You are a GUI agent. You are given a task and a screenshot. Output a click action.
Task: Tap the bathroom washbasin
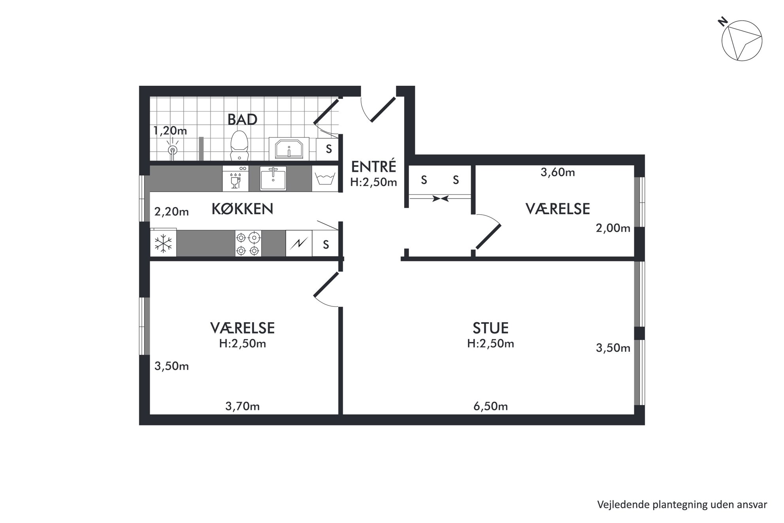click(289, 148)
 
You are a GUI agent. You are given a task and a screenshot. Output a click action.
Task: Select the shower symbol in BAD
click(172, 149)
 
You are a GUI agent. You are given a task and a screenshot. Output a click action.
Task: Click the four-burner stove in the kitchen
click(248, 244)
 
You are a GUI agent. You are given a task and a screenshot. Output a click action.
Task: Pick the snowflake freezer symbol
click(163, 243)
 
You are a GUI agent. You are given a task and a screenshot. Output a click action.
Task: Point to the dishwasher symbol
click(236, 179)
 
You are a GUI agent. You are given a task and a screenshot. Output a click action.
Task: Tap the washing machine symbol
click(325, 179)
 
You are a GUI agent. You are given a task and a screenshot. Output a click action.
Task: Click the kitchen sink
click(273, 178)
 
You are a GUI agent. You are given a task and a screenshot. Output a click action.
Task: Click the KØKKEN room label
click(242, 209)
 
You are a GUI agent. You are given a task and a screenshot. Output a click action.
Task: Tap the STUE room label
click(490, 328)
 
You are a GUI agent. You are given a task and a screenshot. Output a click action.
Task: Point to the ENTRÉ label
click(373, 166)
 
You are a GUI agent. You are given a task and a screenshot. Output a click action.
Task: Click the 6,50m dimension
click(490, 406)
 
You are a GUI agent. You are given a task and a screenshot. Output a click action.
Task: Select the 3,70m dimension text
click(242, 406)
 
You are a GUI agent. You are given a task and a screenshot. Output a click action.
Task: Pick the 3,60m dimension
click(558, 172)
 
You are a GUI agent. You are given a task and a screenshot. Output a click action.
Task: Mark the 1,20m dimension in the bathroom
click(170, 130)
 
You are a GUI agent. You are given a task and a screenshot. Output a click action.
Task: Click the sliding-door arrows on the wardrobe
click(440, 198)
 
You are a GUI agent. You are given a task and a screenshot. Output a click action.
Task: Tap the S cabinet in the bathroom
click(328, 149)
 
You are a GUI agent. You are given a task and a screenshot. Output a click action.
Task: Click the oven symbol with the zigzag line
click(299, 244)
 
